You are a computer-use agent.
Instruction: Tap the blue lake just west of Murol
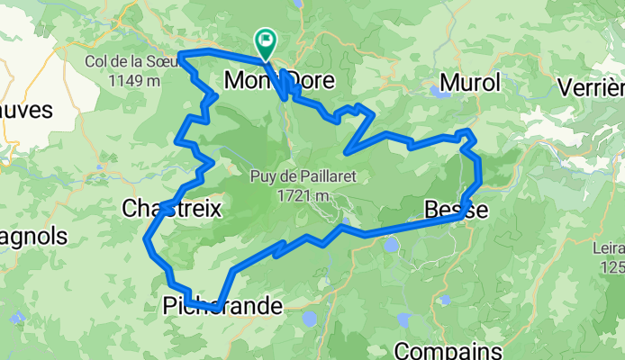441,92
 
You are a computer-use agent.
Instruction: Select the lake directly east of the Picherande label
311,318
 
